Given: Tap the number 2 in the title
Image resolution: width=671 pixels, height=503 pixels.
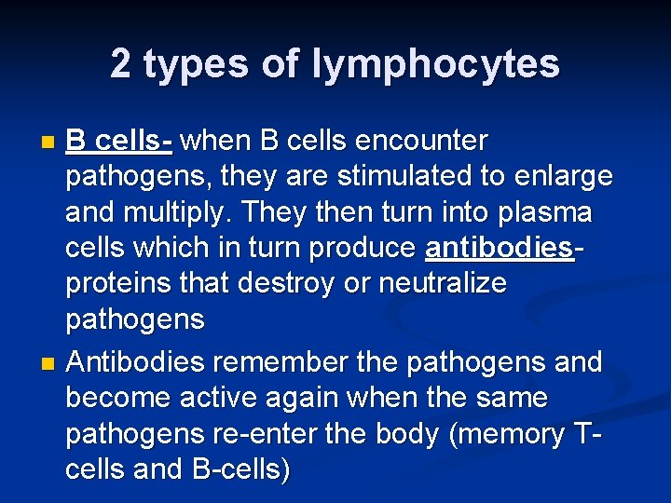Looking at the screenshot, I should (120, 64).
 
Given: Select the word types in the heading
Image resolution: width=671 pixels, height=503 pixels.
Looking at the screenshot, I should (189, 64).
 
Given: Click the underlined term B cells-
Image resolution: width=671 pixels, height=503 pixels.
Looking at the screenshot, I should (118, 142).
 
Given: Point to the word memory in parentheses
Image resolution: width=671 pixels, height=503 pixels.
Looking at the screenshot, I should (486, 435).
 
